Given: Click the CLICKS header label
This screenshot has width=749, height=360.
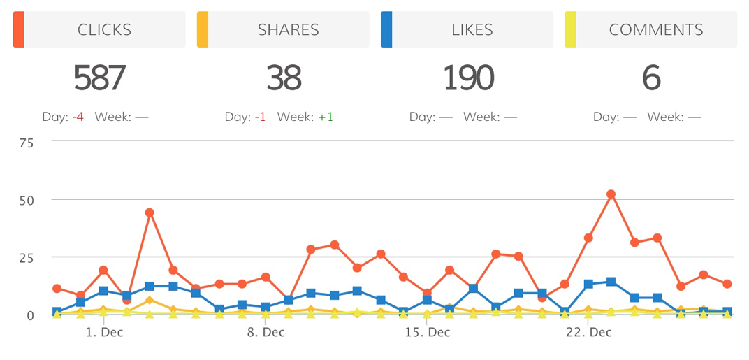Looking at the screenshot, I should pos(105,30).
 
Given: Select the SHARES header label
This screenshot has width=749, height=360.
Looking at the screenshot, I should pos(288,30).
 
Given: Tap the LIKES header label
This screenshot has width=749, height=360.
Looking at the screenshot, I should pos(472,30).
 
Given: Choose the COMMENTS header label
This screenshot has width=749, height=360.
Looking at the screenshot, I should pos(656,30).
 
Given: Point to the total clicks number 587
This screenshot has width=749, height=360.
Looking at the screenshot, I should pos(100,78).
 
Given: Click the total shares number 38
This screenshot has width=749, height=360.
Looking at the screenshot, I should pos(284,78).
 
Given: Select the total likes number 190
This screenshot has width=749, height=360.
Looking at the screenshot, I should pos(469,78).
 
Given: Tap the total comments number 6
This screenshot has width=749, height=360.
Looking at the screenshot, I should pos(651,78).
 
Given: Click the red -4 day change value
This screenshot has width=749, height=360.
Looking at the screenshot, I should pos(78,117).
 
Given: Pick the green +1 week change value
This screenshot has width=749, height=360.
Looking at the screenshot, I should pos(326,117).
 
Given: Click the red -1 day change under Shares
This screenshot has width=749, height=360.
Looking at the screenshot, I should pos(260,117).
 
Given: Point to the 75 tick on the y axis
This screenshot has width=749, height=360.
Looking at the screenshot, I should pos(27,142).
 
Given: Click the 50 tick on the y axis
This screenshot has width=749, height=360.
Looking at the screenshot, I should pos(27,200).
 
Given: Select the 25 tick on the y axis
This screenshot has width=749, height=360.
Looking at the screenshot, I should pos(27,258).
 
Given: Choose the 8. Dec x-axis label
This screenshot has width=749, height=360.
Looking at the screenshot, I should pos(266,332).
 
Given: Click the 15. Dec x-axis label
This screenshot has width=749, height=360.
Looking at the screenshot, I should pos(427,332).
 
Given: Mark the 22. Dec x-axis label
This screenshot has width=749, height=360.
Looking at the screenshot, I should pos(588,332).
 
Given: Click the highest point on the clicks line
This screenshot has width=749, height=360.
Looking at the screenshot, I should pos(611,194).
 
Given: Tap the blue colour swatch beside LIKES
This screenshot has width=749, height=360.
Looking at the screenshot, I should pos(386,30).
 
